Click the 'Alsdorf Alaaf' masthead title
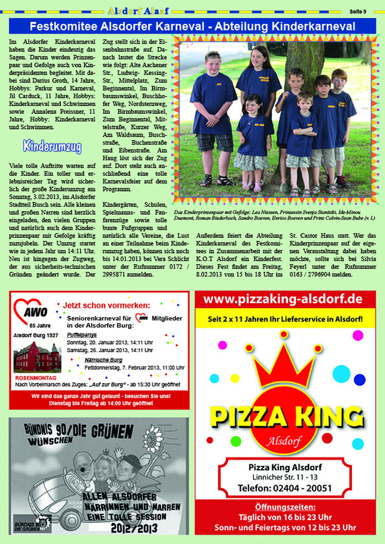click(x=138, y=10)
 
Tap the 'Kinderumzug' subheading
click(x=52, y=147)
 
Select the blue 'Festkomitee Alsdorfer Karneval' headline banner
click(x=192, y=27)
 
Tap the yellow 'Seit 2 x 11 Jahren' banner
click(x=285, y=319)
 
